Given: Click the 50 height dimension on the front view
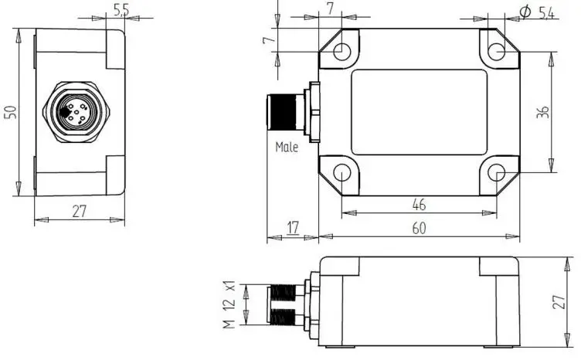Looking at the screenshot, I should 10,113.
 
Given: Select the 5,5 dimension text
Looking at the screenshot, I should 121,10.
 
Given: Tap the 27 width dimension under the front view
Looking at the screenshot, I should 79,211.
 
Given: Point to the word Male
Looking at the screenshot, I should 287,147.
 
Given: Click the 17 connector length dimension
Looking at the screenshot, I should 293,229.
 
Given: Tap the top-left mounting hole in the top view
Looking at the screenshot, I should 341,51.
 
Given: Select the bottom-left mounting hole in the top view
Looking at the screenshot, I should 341,172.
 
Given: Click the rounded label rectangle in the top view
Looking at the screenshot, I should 420,112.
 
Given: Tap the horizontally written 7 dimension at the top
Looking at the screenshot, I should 330,8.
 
